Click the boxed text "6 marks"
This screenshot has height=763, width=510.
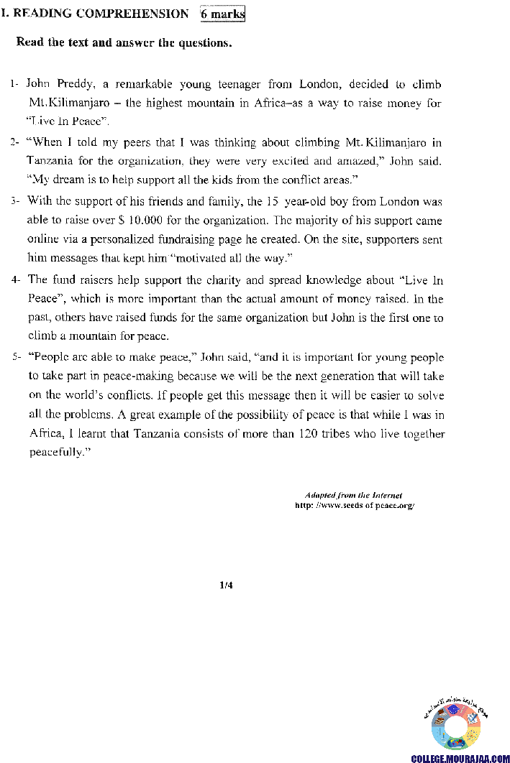pyautogui.click(x=223, y=14)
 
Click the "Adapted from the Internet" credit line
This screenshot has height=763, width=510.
pyautogui.click(x=353, y=495)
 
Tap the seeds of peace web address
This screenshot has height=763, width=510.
pyautogui.click(x=355, y=505)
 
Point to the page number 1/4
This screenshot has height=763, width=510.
pyautogui.click(x=227, y=586)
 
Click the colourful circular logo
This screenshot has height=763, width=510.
pyautogui.click(x=456, y=727)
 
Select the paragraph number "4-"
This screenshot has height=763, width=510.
pyautogui.click(x=16, y=280)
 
